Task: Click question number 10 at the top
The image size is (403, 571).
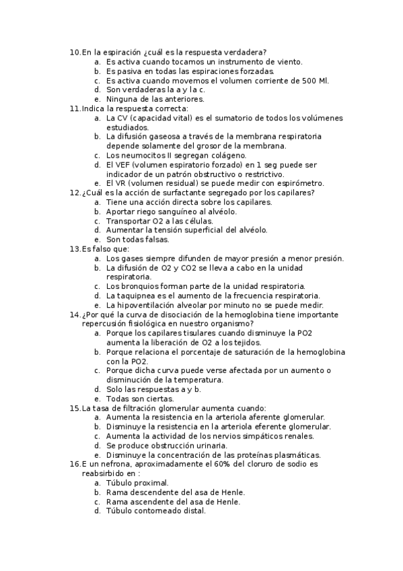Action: (x=74, y=52)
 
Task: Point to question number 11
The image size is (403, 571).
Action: (x=74, y=108)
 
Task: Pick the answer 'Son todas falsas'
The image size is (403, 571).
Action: (x=137, y=239)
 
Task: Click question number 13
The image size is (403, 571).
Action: (x=74, y=248)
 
